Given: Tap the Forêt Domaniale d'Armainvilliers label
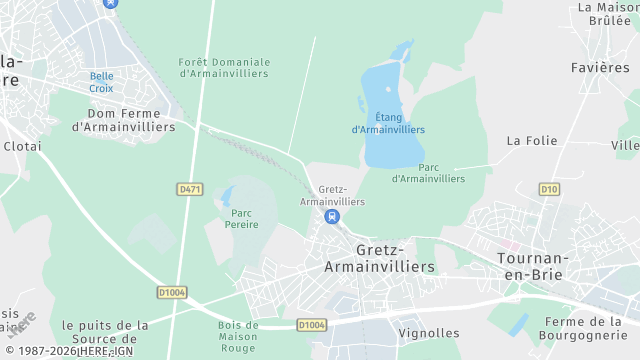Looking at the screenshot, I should [x=224, y=68].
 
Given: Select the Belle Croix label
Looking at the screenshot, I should [x=101, y=82].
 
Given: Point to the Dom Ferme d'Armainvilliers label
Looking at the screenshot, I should [x=124, y=121].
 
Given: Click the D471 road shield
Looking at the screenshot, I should [x=189, y=188].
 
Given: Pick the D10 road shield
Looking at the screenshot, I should [x=549, y=188].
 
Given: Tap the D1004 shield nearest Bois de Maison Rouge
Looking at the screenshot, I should [x=312, y=325].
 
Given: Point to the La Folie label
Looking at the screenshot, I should [x=531, y=141].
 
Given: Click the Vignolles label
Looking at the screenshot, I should [x=429, y=333].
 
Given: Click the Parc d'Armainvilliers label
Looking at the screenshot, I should [x=428, y=173].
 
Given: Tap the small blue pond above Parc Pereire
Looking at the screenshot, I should [x=227, y=195].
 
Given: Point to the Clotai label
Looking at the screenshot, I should [x=22, y=145].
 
